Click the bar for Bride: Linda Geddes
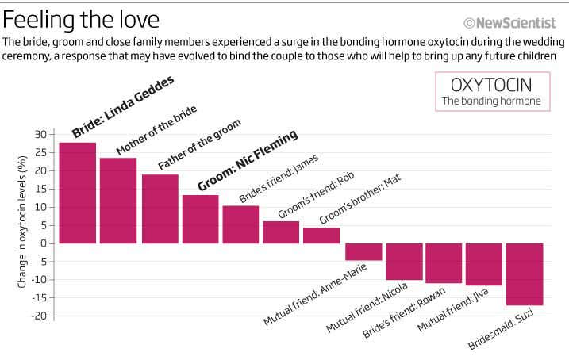click(x=77, y=193)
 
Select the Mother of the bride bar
click(x=118, y=201)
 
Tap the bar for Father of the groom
click(x=160, y=209)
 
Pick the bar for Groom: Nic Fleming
click(x=200, y=219)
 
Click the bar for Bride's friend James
click(x=240, y=224)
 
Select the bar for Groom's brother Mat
click(x=321, y=236)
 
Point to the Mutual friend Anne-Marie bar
click(x=363, y=251)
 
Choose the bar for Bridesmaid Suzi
click(x=525, y=274)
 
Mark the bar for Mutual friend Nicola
click(x=403, y=262)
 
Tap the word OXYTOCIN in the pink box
click(x=490, y=85)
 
